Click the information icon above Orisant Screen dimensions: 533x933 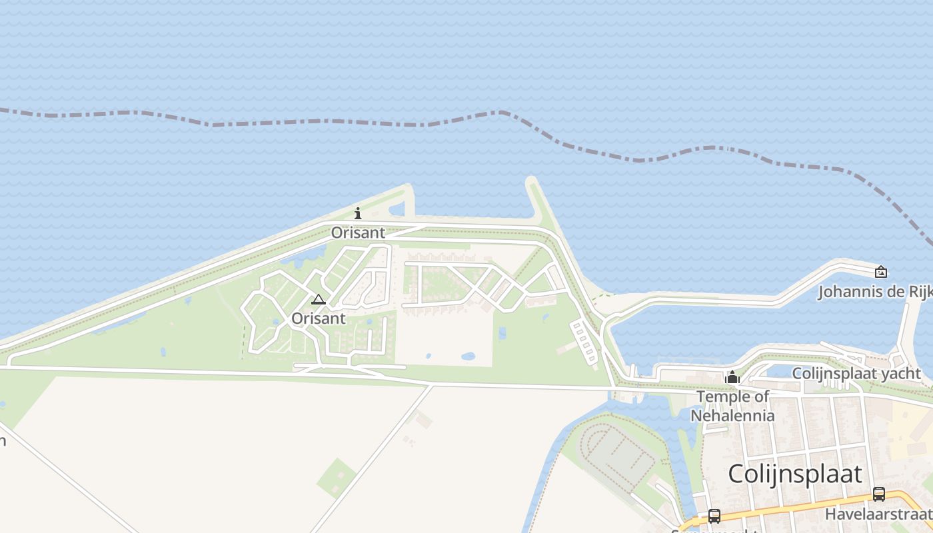tap(358, 213)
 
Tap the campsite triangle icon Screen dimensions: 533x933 tap(319, 300)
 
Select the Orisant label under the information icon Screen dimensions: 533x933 tap(358, 233)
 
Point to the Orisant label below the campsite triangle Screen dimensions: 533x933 tap(318, 318)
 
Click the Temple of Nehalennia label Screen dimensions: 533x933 tap(732, 406)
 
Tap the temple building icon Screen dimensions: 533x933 tap(732, 378)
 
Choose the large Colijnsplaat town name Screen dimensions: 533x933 tap(794, 474)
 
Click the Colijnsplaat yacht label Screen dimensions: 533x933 tap(856, 374)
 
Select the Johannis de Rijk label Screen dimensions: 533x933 tap(874, 292)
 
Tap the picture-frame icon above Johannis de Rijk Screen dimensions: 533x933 tap(880, 271)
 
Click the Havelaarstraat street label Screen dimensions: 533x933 tap(878, 514)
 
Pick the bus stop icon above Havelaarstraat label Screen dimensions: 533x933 tap(879, 494)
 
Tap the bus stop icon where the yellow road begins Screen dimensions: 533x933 tap(714, 516)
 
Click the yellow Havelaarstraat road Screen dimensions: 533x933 tap(800, 509)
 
